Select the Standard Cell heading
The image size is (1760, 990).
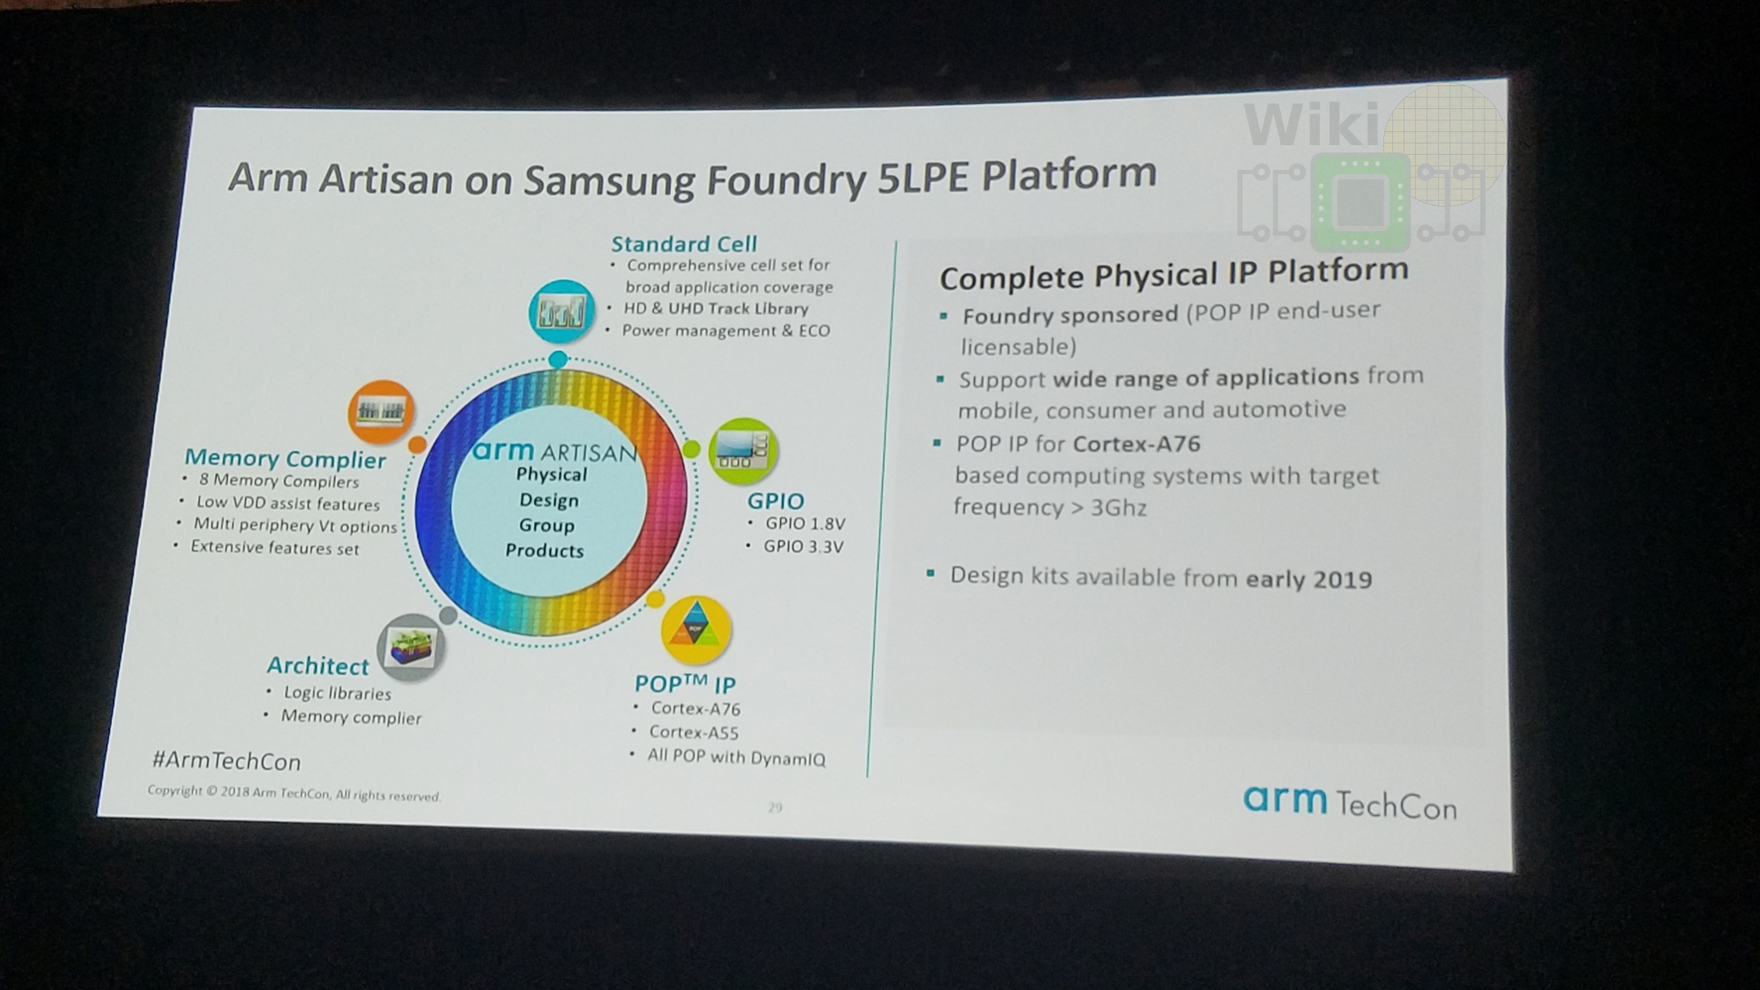click(x=684, y=244)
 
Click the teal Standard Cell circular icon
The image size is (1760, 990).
click(x=561, y=312)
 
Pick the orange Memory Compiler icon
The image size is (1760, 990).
click(x=381, y=411)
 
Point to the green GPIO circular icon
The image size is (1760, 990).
click(x=744, y=451)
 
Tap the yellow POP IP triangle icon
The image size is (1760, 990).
click(x=696, y=630)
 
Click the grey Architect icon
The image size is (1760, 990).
click(x=411, y=647)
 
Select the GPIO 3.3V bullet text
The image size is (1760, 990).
click(x=803, y=546)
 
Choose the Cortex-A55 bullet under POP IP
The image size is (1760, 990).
click(x=693, y=732)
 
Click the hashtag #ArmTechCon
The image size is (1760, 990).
click(x=226, y=760)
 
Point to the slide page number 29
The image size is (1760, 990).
click(x=774, y=807)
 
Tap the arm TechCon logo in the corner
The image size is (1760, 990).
click(x=1350, y=803)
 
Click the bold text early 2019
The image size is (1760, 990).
click(x=1309, y=579)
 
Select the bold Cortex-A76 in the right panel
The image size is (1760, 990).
click(x=1137, y=444)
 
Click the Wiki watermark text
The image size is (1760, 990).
click(x=1312, y=124)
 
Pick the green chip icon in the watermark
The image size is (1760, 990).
click(x=1360, y=202)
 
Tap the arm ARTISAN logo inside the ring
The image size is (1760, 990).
click(x=554, y=452)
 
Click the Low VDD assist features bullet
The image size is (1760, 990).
click(x=288, y=503)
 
